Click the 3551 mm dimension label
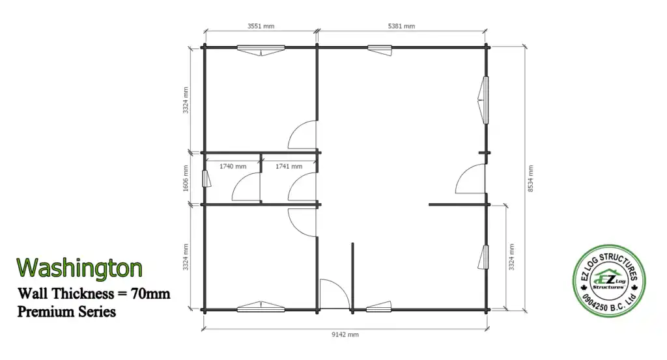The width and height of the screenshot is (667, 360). (261, 26)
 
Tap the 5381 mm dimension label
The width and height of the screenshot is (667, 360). (401, 26)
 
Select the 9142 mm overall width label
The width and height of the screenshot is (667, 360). (345, 335)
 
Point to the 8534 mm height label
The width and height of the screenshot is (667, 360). (530, 178)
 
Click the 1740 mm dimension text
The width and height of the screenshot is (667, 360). (233, 166)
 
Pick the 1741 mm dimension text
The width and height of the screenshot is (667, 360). (289, 166)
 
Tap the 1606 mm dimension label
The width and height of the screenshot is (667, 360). (186, 178)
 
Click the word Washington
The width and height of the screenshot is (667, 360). (79, 268)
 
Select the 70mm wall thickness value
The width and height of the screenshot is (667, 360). (150, 293)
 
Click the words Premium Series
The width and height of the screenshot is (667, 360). (66, 312)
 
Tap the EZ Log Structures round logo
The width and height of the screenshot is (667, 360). (609, 281)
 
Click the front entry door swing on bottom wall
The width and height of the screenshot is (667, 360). (335, 294)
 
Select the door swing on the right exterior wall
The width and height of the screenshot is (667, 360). (470, 179)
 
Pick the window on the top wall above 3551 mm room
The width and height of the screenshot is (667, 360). (261, 50)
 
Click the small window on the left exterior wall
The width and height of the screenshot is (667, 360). (206, 178)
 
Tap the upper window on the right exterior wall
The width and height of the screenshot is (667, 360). (483, 100)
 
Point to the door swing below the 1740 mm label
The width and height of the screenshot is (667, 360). (246, 187)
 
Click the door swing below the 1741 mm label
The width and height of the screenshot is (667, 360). (302, 187)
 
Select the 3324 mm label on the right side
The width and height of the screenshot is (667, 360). (511, 256)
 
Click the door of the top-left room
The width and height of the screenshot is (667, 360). (302, 135)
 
